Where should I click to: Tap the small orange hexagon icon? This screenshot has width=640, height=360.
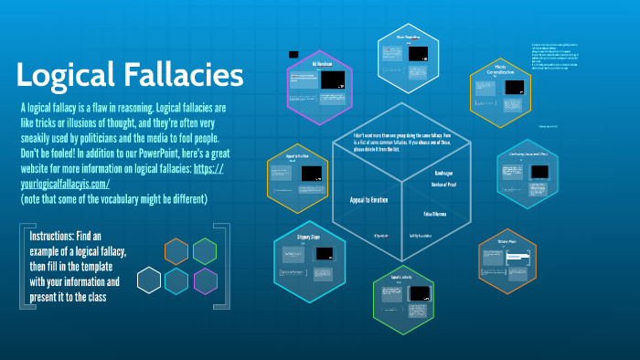click(176, 249)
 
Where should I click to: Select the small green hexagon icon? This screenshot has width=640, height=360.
click(205, 249)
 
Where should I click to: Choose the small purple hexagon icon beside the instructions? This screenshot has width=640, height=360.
click(205, 280)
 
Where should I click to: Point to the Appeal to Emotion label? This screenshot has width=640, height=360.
click(371, 199)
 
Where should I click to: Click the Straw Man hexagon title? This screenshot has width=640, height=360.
click(507, 242)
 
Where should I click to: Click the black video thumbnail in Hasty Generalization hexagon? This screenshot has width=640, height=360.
click(514, 88)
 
